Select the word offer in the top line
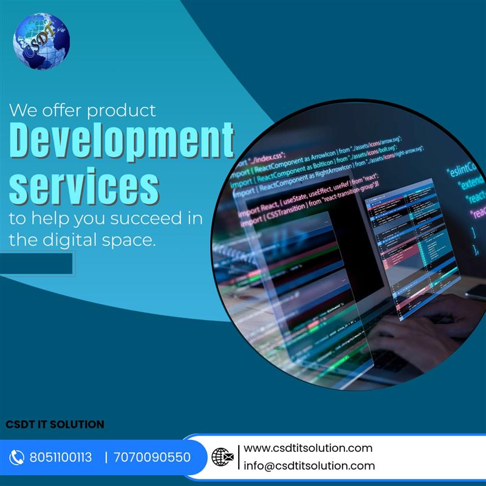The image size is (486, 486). (x=65, y=111)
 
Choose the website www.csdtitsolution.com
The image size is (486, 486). (x=308, y=448)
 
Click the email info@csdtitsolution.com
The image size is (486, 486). (x=309, y=466)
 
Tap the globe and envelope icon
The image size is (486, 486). (x=222, y=457)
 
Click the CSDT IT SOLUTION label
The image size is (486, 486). (x=55, y=424)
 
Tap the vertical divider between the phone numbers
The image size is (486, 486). (x=106, y=457)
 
